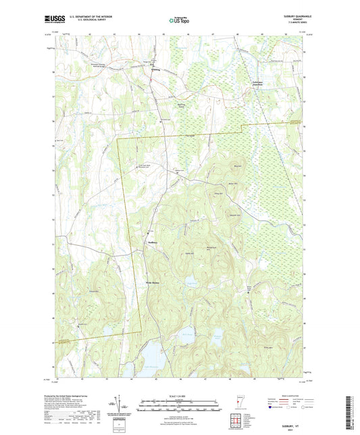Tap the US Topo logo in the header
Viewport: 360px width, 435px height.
[176, 21]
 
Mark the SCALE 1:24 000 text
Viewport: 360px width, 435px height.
[180, 395]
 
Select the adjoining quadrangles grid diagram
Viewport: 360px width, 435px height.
[237, 419]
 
